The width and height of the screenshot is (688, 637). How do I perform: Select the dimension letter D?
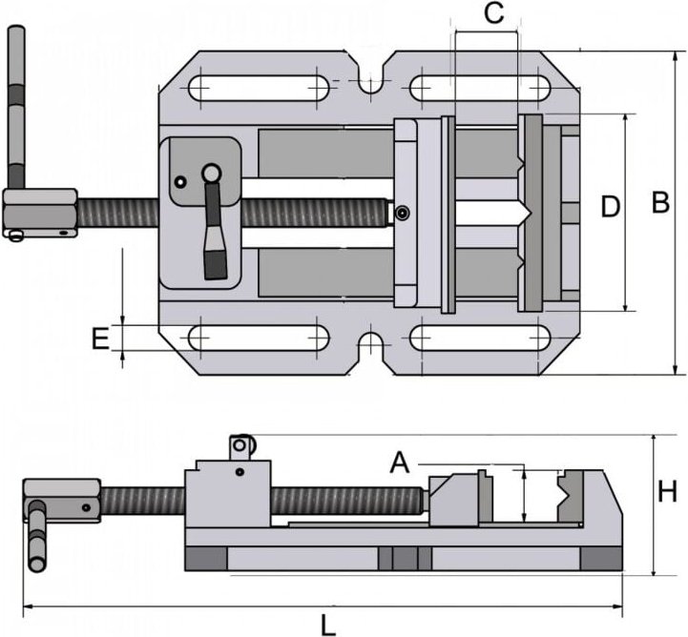[x=611, y=206]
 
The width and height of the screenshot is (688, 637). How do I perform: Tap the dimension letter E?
[x=99, y=339]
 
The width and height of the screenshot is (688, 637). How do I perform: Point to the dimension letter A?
[x=400, y=462]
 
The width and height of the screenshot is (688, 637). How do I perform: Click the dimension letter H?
[x=667, y=492]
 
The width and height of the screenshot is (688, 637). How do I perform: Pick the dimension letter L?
[x=327, y=625]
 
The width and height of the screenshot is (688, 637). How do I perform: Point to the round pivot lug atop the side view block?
[x=242, y=444]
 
